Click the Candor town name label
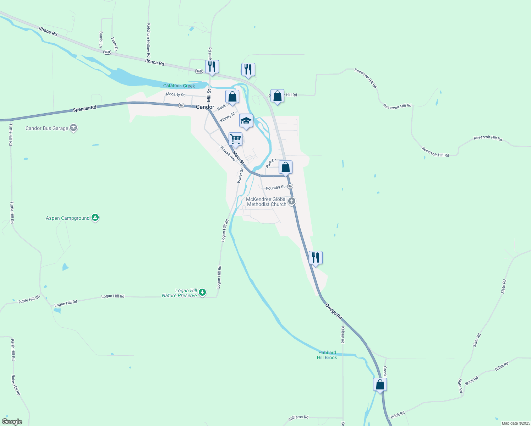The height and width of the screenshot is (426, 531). [205, 107]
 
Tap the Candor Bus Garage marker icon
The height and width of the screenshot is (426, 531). [73, 128]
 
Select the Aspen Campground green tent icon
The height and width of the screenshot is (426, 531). [95, 218]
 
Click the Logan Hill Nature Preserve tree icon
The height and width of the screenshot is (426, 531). [202, 293]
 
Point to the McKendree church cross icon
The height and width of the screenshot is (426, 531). [292, 201]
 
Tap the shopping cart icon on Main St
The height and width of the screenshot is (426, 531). [235, 139]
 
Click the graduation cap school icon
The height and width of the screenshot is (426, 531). [246, 121]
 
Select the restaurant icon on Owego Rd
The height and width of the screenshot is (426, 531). [316, 258]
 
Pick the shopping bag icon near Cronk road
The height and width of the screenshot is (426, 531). [380, 384]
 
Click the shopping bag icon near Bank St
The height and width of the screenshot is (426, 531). [232, 97]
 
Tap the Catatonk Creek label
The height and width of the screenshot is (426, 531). [179, 86]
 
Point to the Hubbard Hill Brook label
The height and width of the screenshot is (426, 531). [327, 355]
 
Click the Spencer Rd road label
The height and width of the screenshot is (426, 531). [84, 109]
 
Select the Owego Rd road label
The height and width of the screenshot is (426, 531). [334, 311]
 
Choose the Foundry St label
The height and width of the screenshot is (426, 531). [275, 187]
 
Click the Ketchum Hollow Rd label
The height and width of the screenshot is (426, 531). [149, 40]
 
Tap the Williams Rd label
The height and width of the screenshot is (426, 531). [298, 417]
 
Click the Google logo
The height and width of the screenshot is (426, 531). [12, 422]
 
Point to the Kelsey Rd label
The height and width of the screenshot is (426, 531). [343, 334]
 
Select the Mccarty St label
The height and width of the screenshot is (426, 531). [175, 94]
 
